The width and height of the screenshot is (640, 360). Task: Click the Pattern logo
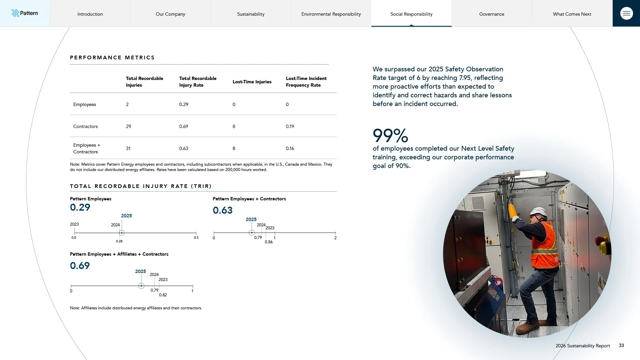point(25,13)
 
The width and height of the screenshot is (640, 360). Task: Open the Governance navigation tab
point(492,14)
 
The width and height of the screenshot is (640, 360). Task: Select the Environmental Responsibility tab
point(331,14)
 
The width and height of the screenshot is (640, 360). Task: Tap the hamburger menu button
point(626,13)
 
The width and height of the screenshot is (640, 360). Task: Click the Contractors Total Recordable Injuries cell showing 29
point(128,126)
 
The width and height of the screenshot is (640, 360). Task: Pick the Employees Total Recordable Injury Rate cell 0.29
point(184,104)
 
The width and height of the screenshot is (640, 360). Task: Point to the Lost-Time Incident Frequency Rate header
point(306,82)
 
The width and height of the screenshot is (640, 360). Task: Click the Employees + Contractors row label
point(87,148)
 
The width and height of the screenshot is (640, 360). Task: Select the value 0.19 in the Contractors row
point(290,126)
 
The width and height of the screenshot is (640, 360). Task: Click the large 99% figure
point(390,135)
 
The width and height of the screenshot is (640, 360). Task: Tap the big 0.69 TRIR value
point(80,266)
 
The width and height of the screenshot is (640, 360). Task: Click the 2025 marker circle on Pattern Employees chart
point(122,233)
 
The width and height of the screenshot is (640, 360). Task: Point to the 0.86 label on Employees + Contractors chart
point(269,242)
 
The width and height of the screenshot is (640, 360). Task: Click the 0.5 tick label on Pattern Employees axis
point(196,238)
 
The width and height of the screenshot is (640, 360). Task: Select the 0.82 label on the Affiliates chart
point(163,295)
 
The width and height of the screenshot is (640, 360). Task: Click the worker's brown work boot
point(528,327)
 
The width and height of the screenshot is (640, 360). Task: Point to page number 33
point(621,345)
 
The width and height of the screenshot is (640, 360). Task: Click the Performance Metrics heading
point(112,57)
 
